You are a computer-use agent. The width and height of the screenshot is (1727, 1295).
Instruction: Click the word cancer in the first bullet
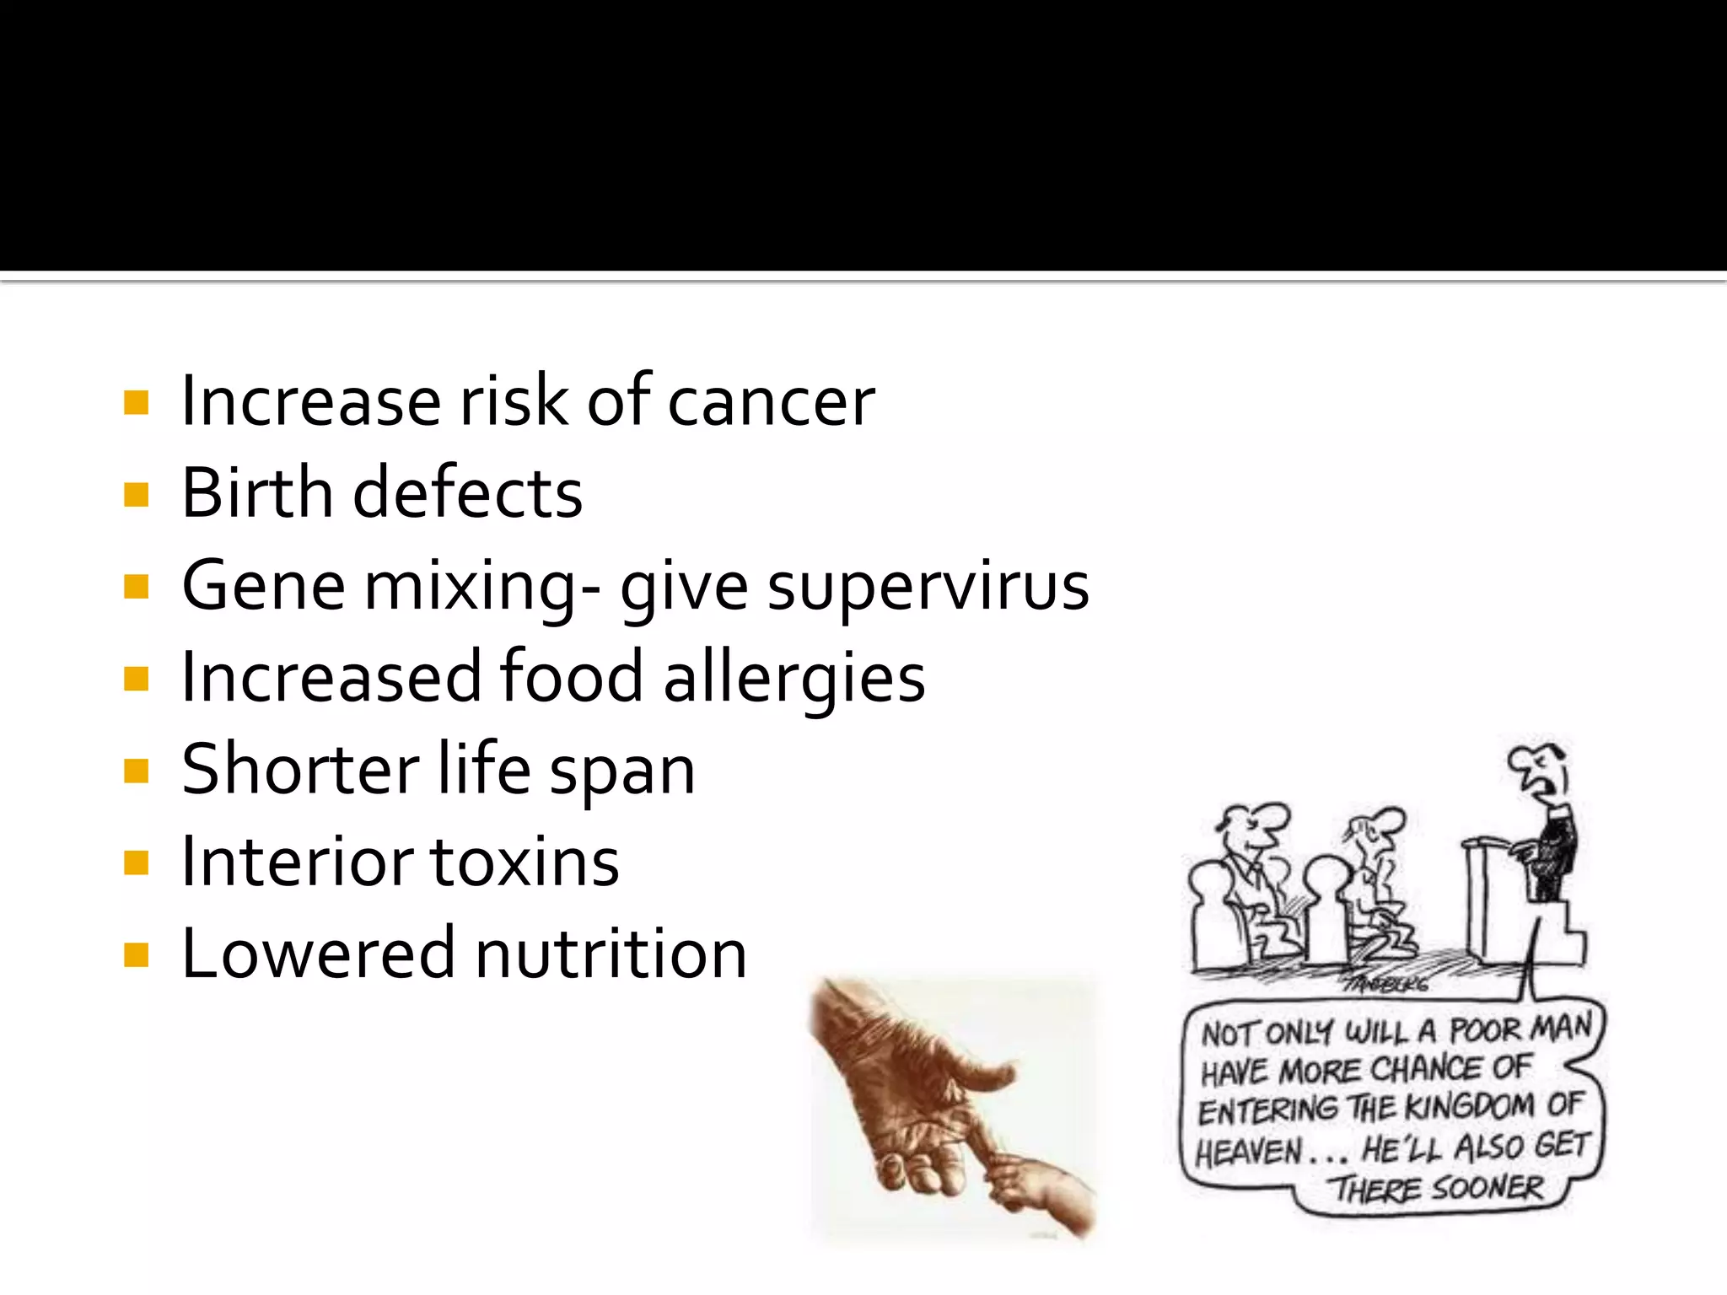pos(771,402)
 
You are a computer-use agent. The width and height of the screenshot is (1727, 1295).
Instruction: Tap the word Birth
pos(257,493)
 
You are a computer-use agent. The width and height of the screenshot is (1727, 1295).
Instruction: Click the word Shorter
pos(300,770)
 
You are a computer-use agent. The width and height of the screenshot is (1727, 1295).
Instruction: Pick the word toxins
pos(525,862)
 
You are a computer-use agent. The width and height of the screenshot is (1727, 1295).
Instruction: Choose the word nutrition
pos(611,954)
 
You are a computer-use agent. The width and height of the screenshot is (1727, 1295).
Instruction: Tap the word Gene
pos(263,586)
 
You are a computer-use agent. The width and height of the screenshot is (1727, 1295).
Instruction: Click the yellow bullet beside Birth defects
pos(136,494)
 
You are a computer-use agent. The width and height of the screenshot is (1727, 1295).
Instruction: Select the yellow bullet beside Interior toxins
pos(136,863)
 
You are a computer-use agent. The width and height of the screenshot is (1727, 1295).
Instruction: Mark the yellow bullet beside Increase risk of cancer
pos(136,402)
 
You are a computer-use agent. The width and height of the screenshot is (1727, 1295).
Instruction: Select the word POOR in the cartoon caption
pos(1485,1030)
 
